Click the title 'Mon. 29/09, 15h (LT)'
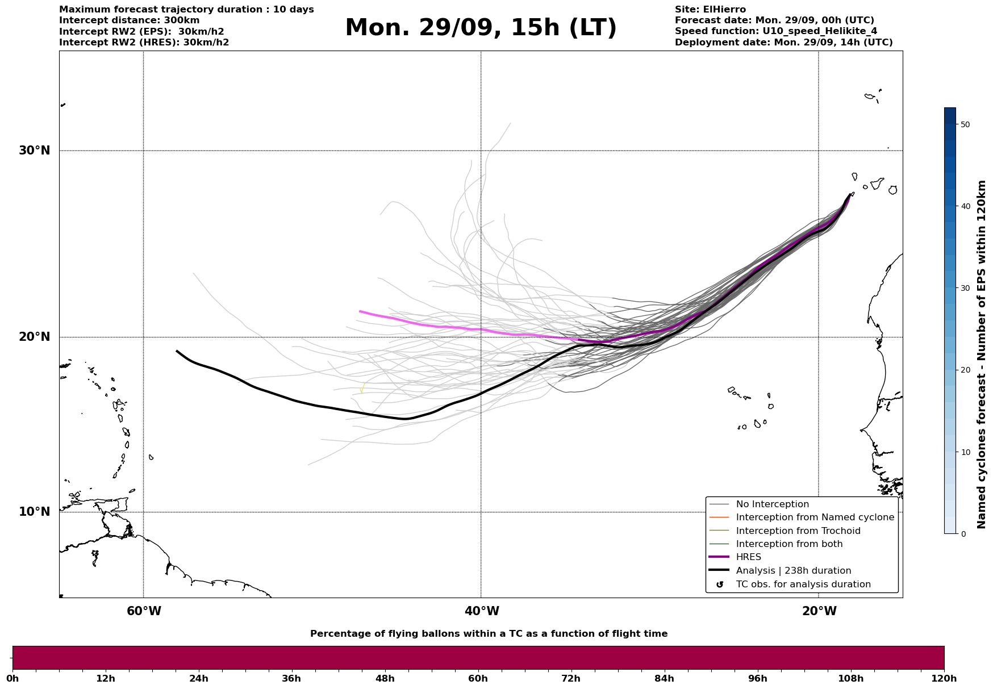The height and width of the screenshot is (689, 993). [481, 28]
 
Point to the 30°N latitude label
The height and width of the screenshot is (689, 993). [34, 151]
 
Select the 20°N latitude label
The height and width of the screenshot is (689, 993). [34, 337]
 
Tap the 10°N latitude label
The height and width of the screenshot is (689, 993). [34, 512]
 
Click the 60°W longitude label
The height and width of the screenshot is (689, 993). [144, 611]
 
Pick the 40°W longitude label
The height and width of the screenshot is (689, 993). [481, 611]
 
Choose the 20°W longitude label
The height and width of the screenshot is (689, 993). [819, 611]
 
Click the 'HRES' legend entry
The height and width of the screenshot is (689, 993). [748, 557]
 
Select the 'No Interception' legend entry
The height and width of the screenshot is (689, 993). [772, 504]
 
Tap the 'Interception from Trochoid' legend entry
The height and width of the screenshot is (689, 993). [798, 531]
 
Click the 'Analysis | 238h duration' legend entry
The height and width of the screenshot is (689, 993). [793, 571]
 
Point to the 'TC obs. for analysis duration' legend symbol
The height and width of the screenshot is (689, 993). [720, 584]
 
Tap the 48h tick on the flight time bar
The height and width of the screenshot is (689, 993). [385, 678]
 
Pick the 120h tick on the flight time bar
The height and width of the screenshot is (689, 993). [944, 678]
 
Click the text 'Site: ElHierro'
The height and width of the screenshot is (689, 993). [710, 10]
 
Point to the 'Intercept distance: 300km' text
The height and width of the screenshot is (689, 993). [130, 20]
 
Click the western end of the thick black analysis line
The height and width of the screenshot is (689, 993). [177, 351]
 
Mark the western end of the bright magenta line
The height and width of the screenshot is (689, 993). [360, 311]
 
